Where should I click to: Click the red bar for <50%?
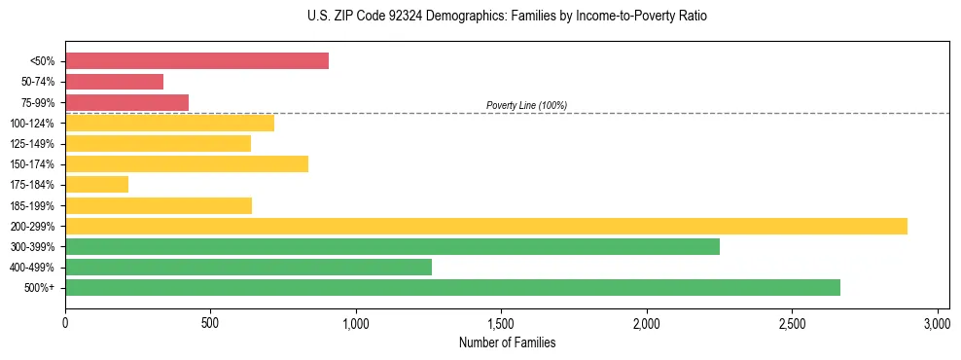pyautogui.click(x=196, y=61)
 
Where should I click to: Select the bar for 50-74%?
pyautogui.click(x=114, y=82)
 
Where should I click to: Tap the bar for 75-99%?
pyautogui.click(x=126, y=102)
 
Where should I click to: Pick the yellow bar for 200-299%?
pyautogui.click(x=486, y=226)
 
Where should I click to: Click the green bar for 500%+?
pyautogui.click(x=452, y=287)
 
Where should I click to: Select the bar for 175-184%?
pyautogui.click(x=96, y=185)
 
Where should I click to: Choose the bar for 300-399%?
pyautogui.click(x=392, y=246)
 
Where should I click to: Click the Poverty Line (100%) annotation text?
pyautogui.click(x=526, y=105)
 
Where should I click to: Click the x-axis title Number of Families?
pyautogui.click(x=507, y=342)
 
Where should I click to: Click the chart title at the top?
pyautogui.click(x=480, y=17)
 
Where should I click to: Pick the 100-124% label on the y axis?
pyautogui.click(x=32, y=124)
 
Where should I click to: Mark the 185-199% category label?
pyautogui.click(x=32, y=205)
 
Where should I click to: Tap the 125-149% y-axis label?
pyautogui.click(x=32, y=144)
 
